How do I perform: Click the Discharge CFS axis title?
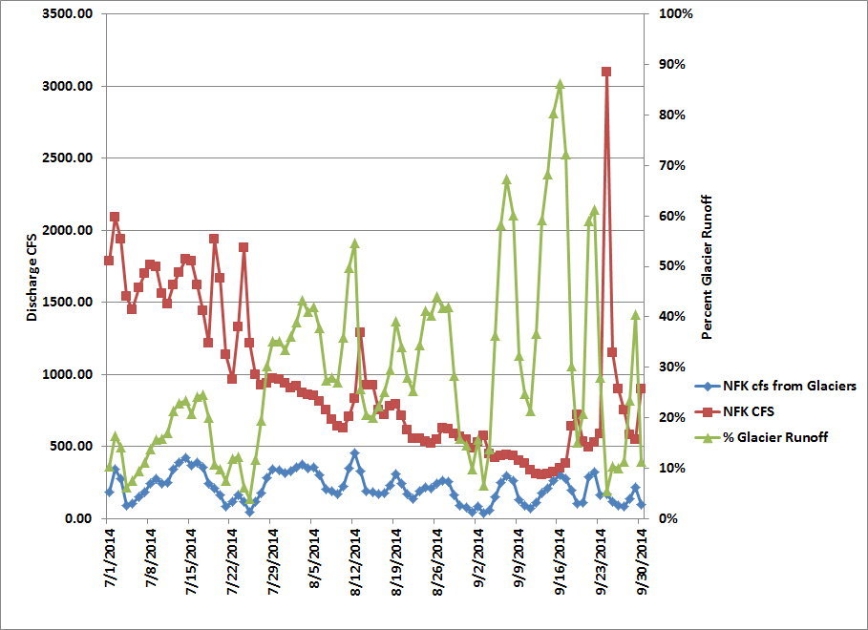(32, 266)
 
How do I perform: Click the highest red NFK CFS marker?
(606, 72)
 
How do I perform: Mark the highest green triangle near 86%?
(560, 84)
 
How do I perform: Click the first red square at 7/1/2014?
(109, 261)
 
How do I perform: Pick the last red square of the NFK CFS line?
(642, 388)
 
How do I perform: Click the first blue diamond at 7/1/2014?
(109, 492)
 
